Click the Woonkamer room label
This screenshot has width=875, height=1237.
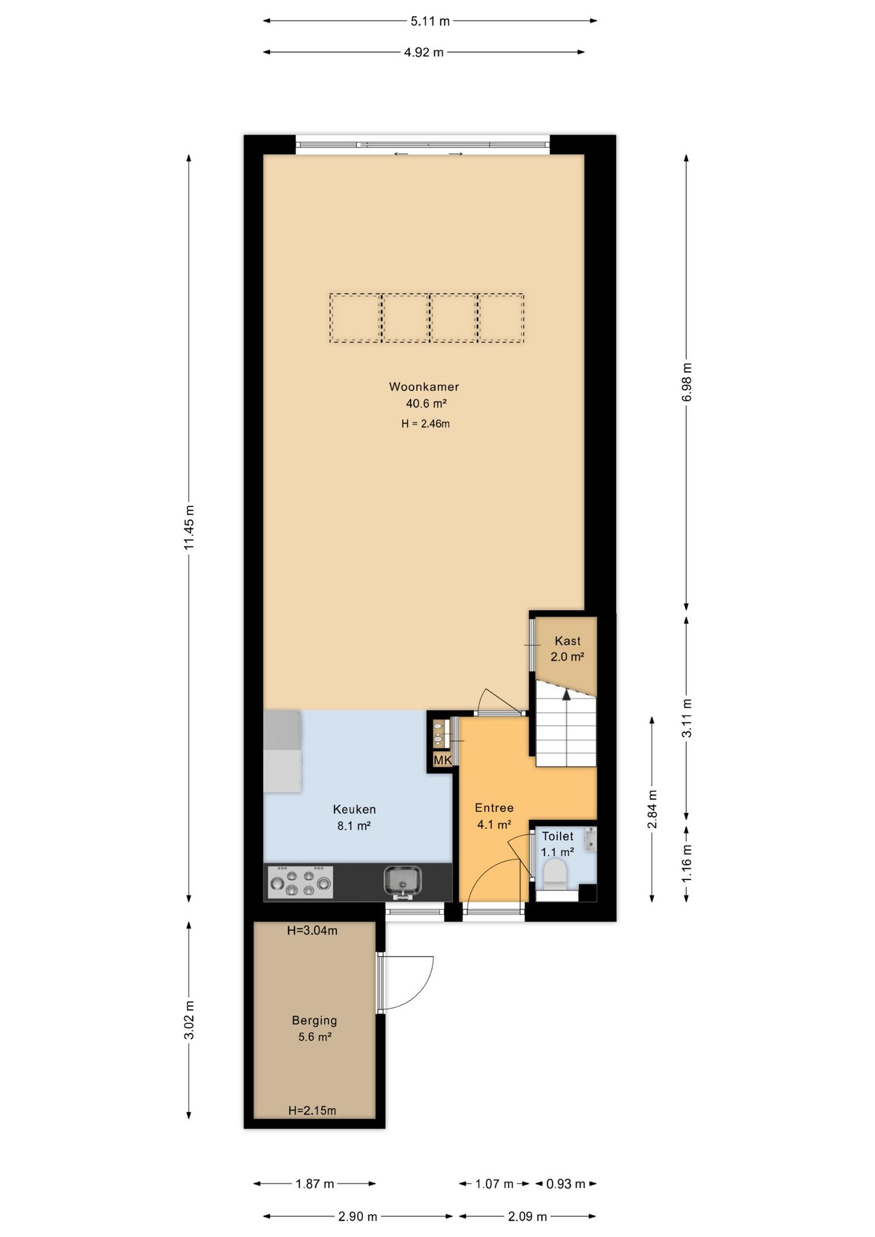click(x=424, y=387)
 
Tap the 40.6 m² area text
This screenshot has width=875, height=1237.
click(x=426, y=404)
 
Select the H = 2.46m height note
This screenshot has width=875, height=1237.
click(x=425, y=424)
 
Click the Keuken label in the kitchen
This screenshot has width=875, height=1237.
click(x=354, y=809)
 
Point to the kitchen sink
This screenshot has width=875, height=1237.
click(x=403, y=881)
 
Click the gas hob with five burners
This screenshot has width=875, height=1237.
click(x=300, y=882)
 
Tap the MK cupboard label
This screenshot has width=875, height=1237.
click(x=443, y=761)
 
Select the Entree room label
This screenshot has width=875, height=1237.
click(x=494, y=808)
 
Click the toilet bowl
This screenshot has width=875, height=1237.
click(x=555, y=874)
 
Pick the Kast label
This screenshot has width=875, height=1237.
click(x=568, y=641)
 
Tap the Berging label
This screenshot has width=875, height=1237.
click(x=314, y=1021)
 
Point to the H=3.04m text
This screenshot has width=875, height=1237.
click(x=312, y=930)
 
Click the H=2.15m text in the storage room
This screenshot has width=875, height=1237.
click(x=312, y=1111)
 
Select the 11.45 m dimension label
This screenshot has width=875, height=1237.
click(x=189, y=528)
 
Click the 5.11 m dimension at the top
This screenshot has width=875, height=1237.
click(x=430, y=21)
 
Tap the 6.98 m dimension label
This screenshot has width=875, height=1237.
click(x=687, y=382)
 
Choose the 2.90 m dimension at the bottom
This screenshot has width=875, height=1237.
click(x=358, y=1217)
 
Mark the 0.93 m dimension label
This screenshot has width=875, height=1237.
click(x=566, y=1184)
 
